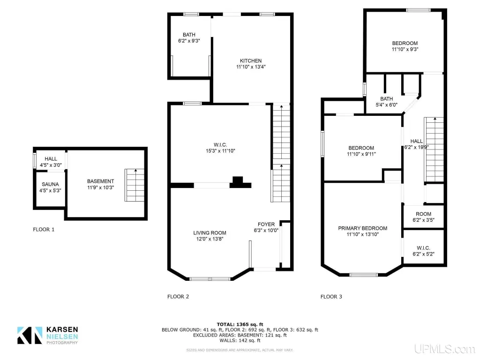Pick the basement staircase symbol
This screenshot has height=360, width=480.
(135, 185)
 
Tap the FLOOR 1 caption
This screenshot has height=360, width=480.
(44, 229)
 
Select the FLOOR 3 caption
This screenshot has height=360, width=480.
(331, 296)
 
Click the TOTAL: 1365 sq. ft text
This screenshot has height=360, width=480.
(240, 324)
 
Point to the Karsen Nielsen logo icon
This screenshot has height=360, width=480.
(30, 335)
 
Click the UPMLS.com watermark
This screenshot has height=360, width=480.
(445, 349)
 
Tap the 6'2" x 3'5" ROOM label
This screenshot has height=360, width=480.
(423, 217)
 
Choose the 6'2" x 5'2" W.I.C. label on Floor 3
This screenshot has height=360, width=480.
(423, 251)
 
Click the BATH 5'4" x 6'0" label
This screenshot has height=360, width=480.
(386, 102)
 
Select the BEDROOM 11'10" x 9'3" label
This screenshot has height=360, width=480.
(405, 46)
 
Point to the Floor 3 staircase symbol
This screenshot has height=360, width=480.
(434, 150)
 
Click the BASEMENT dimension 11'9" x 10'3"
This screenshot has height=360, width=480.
(100, 187)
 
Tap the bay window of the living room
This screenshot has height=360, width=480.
(210, 279)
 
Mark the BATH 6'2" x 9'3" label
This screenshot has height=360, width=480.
(189, 37)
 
